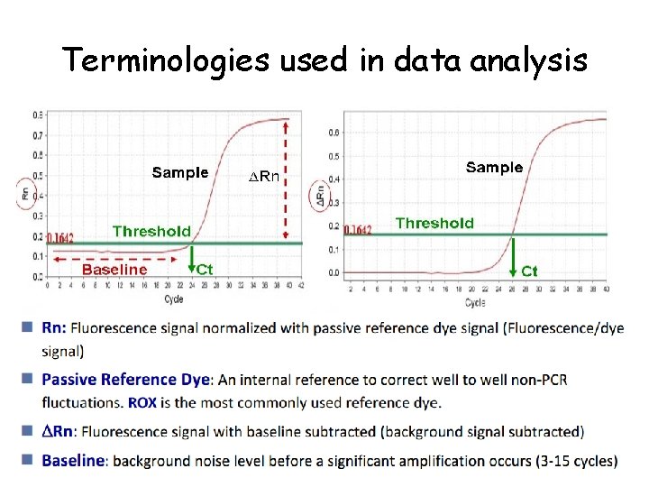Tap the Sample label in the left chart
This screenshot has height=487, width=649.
tap(179, 172)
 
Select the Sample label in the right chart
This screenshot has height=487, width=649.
tap(493, 167)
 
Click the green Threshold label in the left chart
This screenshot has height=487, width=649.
tap(151, 231)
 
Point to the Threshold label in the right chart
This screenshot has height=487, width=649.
tap(434, 223)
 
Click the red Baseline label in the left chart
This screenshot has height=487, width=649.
tap(114, 269)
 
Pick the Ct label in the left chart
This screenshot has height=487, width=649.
tap(205, 269)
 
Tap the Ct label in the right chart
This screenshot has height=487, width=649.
tap(529, 271)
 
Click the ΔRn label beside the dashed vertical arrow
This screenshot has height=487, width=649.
tap(263, 177)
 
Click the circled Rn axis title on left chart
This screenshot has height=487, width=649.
tap(24, 192)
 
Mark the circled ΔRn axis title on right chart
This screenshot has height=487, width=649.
tap(322, 195)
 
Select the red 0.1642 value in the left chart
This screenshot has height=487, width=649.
tap(59, 238)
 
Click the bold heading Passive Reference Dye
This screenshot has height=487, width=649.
tap(125, 380)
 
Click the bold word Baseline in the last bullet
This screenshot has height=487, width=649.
tap(73, 461)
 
